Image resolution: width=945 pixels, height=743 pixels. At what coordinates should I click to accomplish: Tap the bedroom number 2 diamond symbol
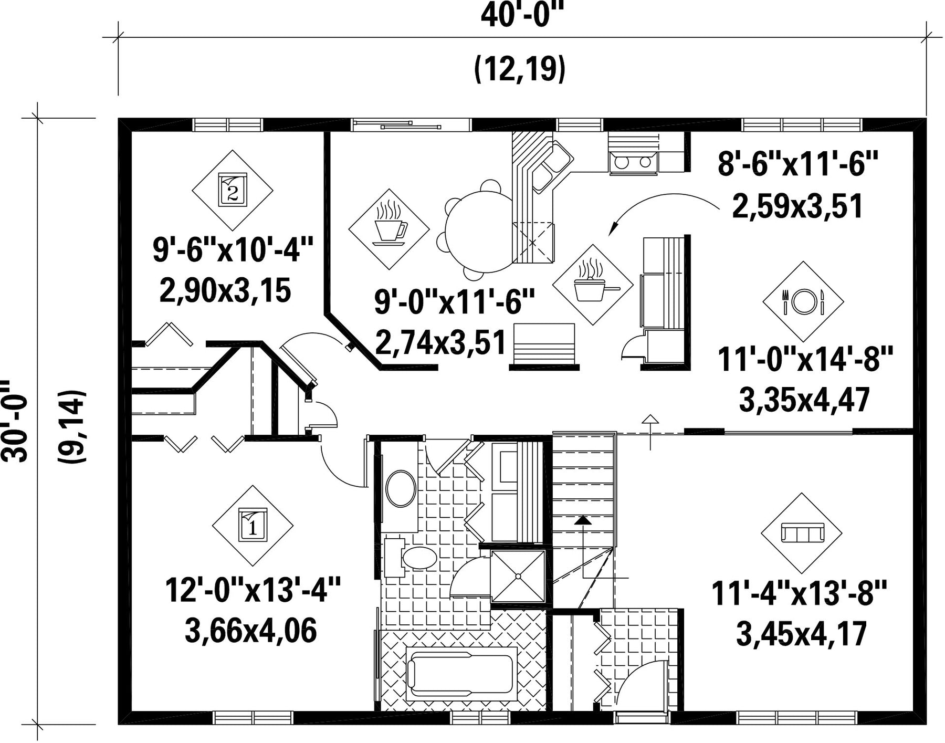233,190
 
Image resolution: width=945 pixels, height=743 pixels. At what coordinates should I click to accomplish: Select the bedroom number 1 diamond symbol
253,526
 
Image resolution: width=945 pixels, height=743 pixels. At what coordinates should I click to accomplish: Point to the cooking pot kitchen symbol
594,285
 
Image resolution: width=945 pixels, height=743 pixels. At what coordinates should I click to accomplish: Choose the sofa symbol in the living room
802,533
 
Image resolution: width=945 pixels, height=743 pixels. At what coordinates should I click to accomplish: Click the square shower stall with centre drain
518,576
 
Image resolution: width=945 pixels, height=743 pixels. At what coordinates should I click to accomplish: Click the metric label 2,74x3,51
440,342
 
